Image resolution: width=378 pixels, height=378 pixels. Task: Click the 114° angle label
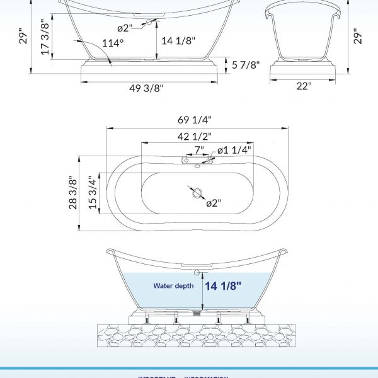[113, 43]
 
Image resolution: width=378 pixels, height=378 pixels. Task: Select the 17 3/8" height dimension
[45, 38]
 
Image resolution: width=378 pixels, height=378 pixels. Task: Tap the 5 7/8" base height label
[245, 64]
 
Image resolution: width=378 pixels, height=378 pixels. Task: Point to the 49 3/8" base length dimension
[146, 88]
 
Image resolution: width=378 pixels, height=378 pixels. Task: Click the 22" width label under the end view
[304, 86]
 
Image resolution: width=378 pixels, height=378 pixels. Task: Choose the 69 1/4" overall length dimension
[195, 120]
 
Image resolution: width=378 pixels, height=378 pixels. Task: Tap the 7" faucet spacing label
[199, 150]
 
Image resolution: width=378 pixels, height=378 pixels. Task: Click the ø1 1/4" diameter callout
[234, 150]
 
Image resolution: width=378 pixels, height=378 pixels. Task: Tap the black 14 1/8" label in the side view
[178, 41]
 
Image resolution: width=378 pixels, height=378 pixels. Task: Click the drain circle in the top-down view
[195, 192]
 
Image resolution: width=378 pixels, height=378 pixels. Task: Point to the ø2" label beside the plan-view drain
[214, 203]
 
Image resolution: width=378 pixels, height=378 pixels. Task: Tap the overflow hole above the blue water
[197, 272]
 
